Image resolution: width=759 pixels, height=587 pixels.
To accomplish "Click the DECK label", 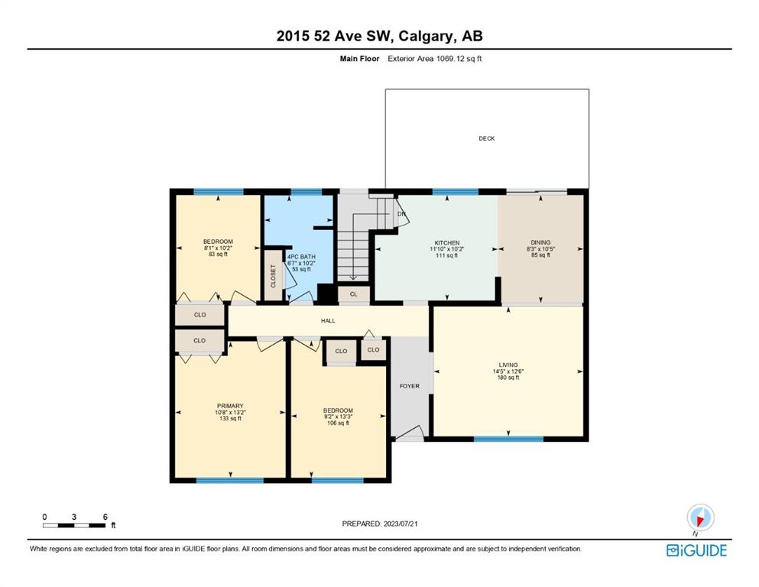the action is (x=486, y=138).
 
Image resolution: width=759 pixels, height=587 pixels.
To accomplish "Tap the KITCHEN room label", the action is (x=447, y=243).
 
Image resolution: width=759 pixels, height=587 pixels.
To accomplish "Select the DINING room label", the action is (x=540, y=242).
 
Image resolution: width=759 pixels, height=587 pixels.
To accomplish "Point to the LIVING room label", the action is (x=508, y=365).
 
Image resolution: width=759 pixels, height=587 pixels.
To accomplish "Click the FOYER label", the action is (x=410, y=386).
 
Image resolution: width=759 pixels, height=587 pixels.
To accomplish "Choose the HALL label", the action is (x=328, y=321).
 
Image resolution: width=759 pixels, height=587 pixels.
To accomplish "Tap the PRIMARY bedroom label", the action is (x=230, y=406).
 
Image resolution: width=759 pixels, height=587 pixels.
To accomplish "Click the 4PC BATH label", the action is (x=301, y=257).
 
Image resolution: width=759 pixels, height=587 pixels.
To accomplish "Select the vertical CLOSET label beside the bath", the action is (x=273, y=276).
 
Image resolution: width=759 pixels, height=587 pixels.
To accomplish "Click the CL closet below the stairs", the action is (x=353, y=294).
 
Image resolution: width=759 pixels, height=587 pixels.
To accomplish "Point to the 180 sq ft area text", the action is (x=508, y=378).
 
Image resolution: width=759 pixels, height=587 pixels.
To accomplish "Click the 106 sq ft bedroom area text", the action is (x=338, y=423).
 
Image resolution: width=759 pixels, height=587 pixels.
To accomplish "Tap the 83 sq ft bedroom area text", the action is (x=218, y=254).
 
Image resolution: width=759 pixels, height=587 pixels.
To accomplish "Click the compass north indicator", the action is (x=700, y=518).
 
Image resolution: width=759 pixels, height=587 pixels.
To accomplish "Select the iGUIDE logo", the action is (x=696, y=550).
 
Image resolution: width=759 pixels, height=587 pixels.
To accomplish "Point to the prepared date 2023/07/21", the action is (x=401, y=524).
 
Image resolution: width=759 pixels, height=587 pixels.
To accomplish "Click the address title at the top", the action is (x=379, y=36).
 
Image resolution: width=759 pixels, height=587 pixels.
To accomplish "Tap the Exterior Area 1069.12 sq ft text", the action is (x=434, y=59).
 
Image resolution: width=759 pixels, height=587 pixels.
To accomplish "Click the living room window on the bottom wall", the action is (x=508, y=439).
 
